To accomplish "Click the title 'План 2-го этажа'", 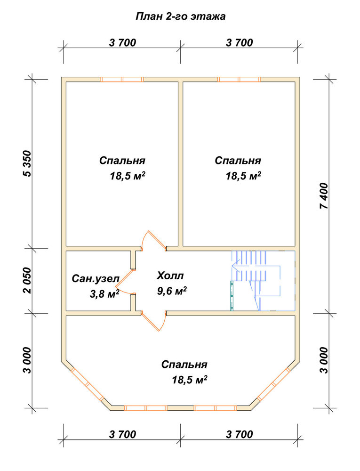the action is pyautogui.click(x=180, y=16).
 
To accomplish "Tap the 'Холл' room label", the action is pyautogui.click(x=170, y=276).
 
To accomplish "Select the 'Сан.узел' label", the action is pyautogui.click(x=96, y=279).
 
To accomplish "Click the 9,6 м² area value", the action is pyautogui.click(x=172, y=291).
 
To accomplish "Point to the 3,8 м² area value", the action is pyautogui.click(x=104, y=294).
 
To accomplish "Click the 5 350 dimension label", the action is pyautogui.click(x=27, y=163).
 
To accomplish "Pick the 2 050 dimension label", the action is pyautogui.click(x=27, y=280).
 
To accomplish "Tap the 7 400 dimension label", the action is pyautogui.click(x=324, y=196).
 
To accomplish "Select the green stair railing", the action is pyautogui.click(x=232, y=296).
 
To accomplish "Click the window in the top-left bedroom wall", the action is pyautogui.click(x=122, y=79).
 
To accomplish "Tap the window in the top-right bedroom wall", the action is pyautogui.click(x=239, y=79).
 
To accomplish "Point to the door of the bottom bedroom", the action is pyautogui.click(x=153, y=321).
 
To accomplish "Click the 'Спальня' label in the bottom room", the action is pyautogui.click(x=184, y=365).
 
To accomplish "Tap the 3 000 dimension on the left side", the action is pyautogui.click(x=27, y=360).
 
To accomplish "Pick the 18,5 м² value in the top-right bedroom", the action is pyautogui.click(x=243, y=176).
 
